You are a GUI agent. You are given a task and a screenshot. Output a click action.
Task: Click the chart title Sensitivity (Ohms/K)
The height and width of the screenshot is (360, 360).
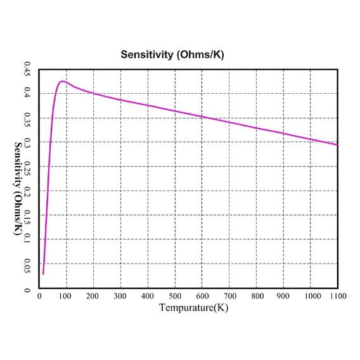pos(172,55)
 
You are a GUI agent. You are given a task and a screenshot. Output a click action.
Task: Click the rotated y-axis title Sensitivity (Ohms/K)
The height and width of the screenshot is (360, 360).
pos(18,189)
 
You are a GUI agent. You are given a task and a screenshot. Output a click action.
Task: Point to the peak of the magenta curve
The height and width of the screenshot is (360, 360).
pos(61,81)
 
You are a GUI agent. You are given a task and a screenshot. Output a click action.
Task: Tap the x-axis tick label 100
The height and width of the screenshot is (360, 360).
pos(66,296)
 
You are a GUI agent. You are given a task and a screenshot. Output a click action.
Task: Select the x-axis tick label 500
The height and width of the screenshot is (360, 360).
pos(175,296)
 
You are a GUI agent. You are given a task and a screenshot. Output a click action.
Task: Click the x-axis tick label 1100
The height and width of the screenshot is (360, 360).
pos(337,296)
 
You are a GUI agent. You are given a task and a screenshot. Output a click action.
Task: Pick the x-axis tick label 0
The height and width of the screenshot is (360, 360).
pos(40,296)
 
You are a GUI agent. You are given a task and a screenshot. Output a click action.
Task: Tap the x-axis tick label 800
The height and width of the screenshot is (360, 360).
pos(256,296)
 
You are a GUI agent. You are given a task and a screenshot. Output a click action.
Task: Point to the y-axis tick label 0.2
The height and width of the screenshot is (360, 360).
pos(27,191)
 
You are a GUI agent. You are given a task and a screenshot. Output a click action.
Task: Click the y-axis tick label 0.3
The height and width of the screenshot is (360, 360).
pos(27,142)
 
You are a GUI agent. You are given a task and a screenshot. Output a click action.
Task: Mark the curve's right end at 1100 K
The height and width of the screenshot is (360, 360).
pos(337,145)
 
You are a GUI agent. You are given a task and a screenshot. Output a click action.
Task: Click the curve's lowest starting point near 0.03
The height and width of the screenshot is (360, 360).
pos(43,274)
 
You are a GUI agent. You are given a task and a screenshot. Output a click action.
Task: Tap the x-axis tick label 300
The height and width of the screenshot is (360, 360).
pos(120,296)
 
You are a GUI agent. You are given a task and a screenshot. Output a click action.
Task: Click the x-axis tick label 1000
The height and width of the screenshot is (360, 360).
pos(311,296)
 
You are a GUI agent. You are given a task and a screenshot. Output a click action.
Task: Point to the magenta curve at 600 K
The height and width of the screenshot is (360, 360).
pos(202,116)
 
